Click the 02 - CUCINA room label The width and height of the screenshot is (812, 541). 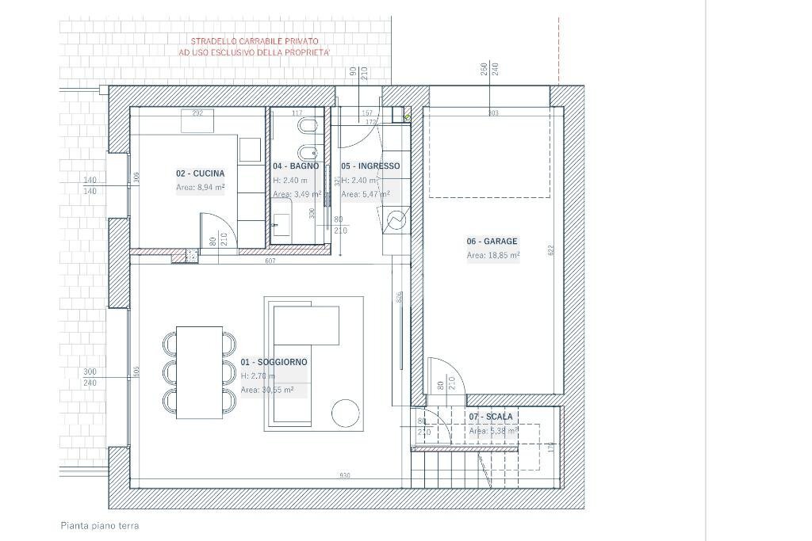pyautogui.click(x=200, y=173)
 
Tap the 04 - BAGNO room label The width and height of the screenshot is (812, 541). pyautogui.click(x=296, y=166)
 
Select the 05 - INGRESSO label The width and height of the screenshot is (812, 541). pyautogui.click(x=370, y=166)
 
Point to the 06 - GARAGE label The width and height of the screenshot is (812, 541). pyautogui.click(x=492, y=242)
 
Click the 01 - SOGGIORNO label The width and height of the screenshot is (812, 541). pyautogui.click(x=274, y=362)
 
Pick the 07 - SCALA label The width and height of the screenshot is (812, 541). pyautogui.click(x=490, y=417)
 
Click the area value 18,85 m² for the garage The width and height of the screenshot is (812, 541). pyautogui.click(x=493, y=256)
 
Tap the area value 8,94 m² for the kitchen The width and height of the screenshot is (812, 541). pyautogui.click(x=200, y=188)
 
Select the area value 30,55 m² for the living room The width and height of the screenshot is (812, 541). pyautogui.click(x=267, y=391)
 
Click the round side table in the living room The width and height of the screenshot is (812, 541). pyautogui.click(x=346, y=413)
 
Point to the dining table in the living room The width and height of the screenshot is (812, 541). pyautogui.click(x=198, y=372)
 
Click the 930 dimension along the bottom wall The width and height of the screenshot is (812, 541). pyautogui.click(x=344, y=476)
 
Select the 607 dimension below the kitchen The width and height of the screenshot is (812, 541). pyautogui.click(x=270, y=260)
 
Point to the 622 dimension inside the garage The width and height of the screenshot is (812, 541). pyautogui.click(x=551, y=249)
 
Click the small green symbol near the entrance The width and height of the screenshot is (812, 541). pyautogui.click(x=408, y=117)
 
